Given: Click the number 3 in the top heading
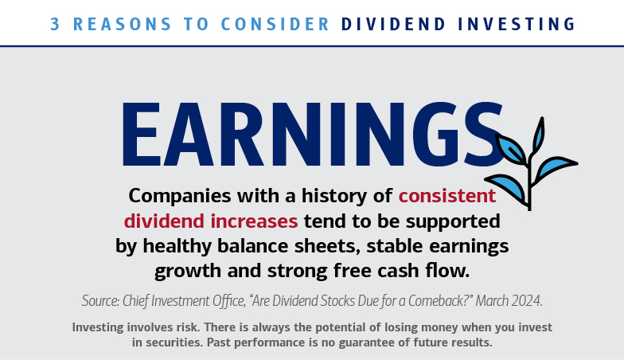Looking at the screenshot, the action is pyautogui.click(x=55, y=24).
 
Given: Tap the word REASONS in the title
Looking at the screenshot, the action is pyautogui.click(x=123, y=24).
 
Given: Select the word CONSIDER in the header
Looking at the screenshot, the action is pyautogui.click(x=275, y=24).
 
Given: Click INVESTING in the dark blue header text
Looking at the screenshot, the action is pyautogui.click(x=517, y=24).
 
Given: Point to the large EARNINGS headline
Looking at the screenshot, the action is pyautogui.click(x=313, y=134).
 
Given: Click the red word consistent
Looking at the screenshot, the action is pyautogui.click(x=447, y=196).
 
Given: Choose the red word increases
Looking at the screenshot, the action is pyautogui.click(x=254, y=221).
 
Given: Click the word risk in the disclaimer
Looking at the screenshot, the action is pyautogui.click(x=189, y=327).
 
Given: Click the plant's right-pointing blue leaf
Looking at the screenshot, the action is pyautogui.click(x=556, y=167).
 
